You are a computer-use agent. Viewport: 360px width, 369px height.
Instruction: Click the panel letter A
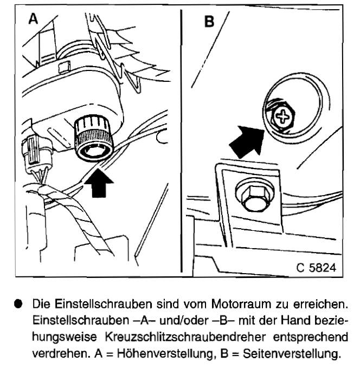(33, 18)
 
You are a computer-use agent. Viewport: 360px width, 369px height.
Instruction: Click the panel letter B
(209, 22)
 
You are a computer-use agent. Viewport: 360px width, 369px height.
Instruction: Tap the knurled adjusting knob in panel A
(94, 138)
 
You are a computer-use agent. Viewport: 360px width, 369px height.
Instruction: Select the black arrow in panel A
(99, 184)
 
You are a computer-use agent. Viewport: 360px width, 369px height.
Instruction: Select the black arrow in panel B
(247, 141)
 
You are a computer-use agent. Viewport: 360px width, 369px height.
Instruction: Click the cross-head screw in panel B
(283, 116)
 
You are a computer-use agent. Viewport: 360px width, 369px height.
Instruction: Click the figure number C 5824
(316, 268)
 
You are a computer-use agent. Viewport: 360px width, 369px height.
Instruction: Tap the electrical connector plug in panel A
(35, 156)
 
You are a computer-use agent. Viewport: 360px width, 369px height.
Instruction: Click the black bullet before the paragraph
(18, 303)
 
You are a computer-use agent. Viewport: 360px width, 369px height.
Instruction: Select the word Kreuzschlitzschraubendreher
(185, 337)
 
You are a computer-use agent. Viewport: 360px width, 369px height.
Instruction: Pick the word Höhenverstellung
(165, 353)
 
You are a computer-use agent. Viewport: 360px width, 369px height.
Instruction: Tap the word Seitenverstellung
(291, 353)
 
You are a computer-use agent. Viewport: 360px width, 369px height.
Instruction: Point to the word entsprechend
(310, 338)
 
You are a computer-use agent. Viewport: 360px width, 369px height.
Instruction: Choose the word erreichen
(320, 304)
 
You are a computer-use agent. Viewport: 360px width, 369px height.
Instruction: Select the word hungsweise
(65, 338)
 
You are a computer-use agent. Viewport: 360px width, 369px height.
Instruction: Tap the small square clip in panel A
(64, 67)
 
